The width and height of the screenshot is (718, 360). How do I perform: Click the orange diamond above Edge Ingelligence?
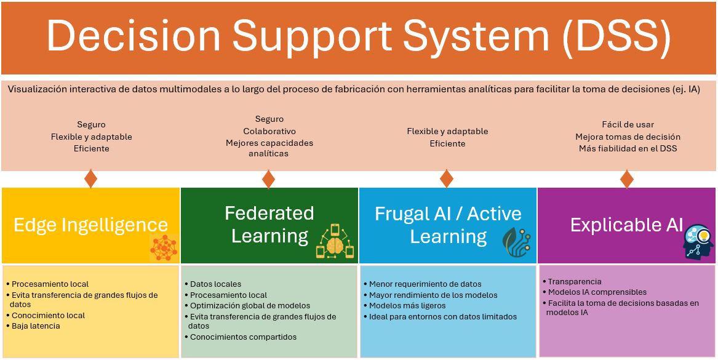(90, 178)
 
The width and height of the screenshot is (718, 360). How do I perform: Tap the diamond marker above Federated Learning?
(268, 178)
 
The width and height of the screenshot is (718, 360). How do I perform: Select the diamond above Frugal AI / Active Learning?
(447, 178)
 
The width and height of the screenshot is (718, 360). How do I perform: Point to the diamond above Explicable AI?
(626, 178)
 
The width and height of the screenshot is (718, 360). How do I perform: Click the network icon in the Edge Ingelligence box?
(164, 248)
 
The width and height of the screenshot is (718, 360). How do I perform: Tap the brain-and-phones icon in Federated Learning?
(335, 241)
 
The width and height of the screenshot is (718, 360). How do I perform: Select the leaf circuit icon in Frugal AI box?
(517, 241)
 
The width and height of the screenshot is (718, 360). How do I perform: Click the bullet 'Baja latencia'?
(33, 326)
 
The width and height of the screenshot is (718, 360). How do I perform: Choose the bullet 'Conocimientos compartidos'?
(241, 337)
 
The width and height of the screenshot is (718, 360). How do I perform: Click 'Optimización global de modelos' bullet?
(248, 305)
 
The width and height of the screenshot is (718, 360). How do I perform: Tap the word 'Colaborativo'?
(269, 132)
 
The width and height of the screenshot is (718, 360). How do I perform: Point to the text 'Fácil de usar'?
(628, 124)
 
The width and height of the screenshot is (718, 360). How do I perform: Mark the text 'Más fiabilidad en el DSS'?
(628, 148)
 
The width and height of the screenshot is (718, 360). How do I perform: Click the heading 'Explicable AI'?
(626, 225)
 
